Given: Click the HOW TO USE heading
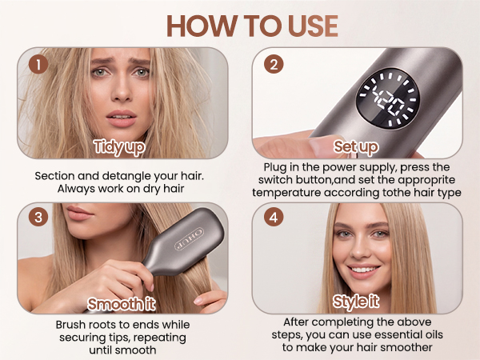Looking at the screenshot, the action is pyautogui.click(x=253, y=26).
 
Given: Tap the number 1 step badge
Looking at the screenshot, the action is pyautogui.click(x=38, y=64).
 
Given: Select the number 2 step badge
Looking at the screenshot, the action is pyautogui.click(x=274, y=64).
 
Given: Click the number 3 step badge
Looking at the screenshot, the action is pyautogui.click(x=38, y=217).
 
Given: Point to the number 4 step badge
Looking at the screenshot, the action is pyautogui.click(x=274, y=217).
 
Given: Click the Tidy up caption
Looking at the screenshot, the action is pyautogui.click(x=119, y=147).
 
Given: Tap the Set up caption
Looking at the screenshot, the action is pyautogui.click(x=356, y=147).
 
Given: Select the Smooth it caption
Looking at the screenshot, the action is pyautogui.click(x=122, y=304).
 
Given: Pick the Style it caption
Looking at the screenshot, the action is pyautogui.click(x=356, y=302).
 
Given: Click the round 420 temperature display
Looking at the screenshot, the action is pyautogui.click(x=388, y=100).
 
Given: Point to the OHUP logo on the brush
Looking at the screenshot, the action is pyautogui.click(x=189, y=238).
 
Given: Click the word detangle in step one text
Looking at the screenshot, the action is pyautogui.click(x=126, y=176).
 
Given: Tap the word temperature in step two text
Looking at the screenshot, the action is pyautogui.click(x=286, y=193).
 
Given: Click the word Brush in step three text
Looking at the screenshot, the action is pyautogui.click(x=70, y=325).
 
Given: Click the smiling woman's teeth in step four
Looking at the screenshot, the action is pyautogui.click(x=364, y=270).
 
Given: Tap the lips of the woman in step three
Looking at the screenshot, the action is pyautogui.click(x=79, y=213).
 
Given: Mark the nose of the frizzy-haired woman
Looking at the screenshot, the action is pyautogui.click(x=122, y=91).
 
